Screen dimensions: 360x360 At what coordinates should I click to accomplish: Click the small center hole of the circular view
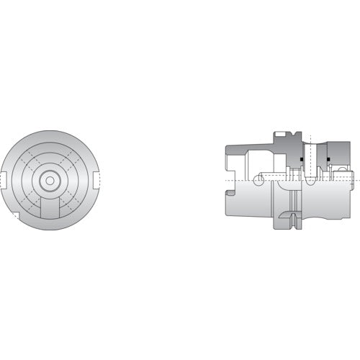coord(49,180)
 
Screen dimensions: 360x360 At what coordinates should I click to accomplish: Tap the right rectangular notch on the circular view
coord(95,179)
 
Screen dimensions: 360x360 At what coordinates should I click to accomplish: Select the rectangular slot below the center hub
coord(49,210)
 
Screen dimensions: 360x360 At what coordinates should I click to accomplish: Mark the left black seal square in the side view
coord(300,158)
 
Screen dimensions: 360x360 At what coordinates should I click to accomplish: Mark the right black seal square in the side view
coord(328,158)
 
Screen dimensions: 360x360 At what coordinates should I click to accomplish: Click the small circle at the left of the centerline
coord(259,177)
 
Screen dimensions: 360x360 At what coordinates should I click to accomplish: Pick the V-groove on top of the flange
coord(289,135)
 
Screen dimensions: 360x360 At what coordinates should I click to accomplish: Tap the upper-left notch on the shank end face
coord(229,150)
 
